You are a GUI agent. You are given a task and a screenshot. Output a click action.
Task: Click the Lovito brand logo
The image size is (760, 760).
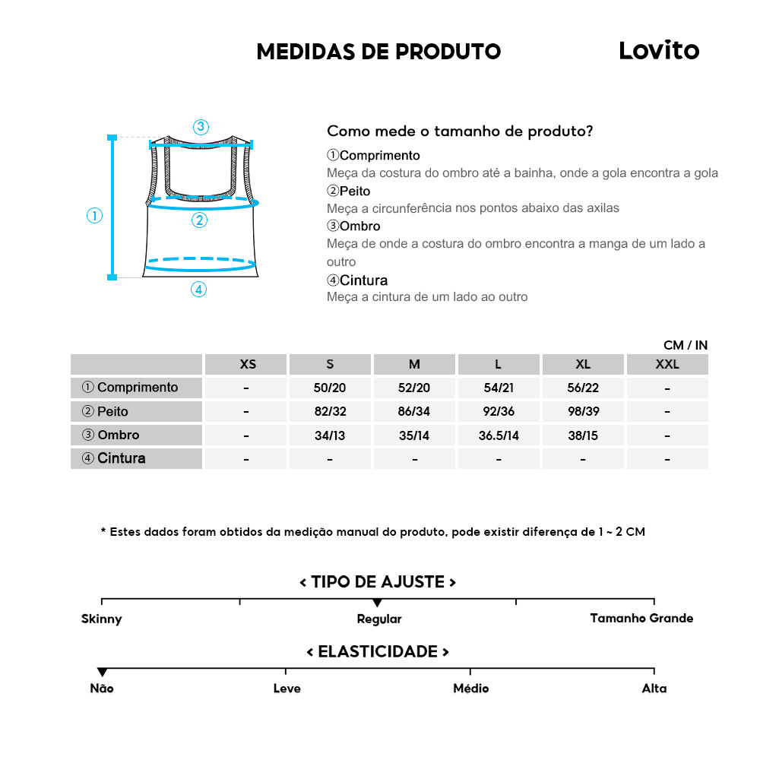658,50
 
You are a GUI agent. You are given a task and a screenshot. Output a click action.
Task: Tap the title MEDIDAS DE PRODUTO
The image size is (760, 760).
378,52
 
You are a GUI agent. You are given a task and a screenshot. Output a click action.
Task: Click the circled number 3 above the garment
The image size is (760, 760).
201,127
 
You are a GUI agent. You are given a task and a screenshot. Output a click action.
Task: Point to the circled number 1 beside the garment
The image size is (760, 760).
94,216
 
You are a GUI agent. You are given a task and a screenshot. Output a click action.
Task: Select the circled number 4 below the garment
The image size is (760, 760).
198,290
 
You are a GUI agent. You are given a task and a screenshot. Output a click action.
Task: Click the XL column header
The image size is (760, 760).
583,364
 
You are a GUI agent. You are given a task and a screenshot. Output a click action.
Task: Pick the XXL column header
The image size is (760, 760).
667,364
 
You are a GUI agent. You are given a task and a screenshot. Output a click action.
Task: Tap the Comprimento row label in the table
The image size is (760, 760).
130,388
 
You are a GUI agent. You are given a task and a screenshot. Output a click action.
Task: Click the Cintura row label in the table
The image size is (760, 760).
114,458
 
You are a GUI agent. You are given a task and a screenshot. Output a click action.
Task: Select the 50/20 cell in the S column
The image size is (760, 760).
330,388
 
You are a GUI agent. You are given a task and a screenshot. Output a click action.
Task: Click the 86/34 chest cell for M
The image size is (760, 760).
414,412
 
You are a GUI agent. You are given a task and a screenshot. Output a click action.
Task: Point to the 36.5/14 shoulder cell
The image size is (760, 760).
499,435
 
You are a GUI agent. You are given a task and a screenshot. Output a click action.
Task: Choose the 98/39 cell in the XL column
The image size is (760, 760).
583,412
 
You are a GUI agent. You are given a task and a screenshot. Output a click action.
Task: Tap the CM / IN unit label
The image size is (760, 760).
685,345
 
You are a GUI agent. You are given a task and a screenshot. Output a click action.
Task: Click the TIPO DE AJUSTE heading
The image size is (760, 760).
378,582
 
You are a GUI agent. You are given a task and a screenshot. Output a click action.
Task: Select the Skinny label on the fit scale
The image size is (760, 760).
102,619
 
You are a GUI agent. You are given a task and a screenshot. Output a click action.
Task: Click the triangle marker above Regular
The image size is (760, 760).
378,603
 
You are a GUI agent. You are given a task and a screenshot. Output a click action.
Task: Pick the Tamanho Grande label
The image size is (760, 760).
641,618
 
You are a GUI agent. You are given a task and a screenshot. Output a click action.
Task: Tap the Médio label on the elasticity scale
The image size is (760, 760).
470,689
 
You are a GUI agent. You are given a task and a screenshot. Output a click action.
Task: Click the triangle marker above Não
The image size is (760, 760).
102,672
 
